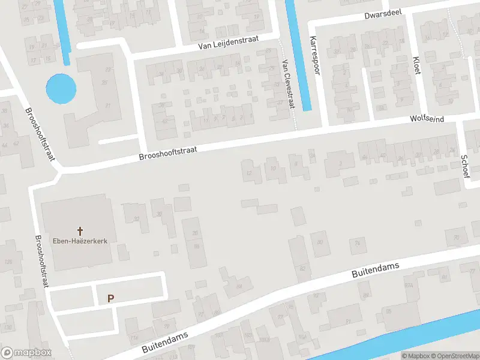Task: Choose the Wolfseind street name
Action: tap(427, 119)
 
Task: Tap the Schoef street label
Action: tap(465, 163)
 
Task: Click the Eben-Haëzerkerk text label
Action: tap(80, 241)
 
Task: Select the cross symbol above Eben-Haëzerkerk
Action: tap(80, 230)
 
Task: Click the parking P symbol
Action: tap(110, 298)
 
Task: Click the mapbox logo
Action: tap(26, 352)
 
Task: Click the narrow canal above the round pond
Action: tap(62, 30)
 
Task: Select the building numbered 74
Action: tap(357, 242)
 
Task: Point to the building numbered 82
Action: tap(302, 268)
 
